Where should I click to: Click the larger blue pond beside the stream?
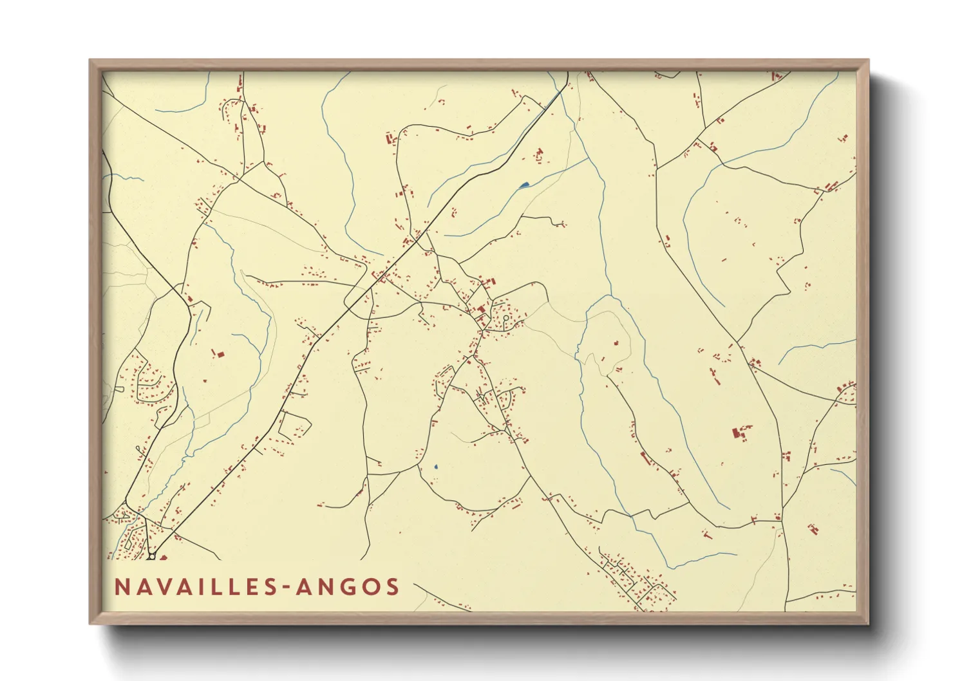point(524,186)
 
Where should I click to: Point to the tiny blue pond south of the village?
point(436,467)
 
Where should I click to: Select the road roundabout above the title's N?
point(151,555)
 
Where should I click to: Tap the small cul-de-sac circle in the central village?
point(507,318)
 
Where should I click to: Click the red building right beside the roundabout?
point(162,557)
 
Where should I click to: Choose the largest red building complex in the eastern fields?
point(736,433)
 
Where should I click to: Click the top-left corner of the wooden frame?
point(90,61)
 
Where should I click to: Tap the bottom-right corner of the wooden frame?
point(868,623)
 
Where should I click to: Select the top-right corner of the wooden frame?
point(868,61)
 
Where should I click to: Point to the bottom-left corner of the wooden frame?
point(90,623)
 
